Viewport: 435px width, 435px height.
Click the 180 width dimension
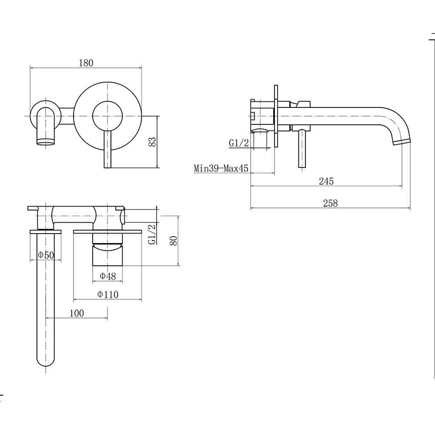pyautogui.click(x=86, y=63)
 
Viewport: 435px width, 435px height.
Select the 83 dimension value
pyautogui.click(x=153, y=141)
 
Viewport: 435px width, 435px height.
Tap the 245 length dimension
pyautogui.click(x=326, y=181)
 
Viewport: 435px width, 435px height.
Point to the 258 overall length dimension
pyautogui.click(x=331, y=203)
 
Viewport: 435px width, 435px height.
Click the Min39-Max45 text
pyautogui.click(x=221, y=168)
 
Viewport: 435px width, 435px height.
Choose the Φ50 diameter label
pyautogui.click(x=46, y=254)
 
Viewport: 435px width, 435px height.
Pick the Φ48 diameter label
pyautogui.click(x=107, y=276)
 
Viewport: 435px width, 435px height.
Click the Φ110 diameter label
pyautogui.click(x=107, y=294)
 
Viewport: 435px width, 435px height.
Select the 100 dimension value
pyautogui.click(x=77, y=313)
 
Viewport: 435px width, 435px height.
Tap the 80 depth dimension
pyautogui.click(x=174, y=240)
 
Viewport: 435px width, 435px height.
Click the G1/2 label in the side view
pyautogui.click(x=238, y=143)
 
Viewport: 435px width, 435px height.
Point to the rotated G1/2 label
pyautogui.click(x=152, y=234)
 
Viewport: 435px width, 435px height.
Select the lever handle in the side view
pyautogui.click(x=302, y=149)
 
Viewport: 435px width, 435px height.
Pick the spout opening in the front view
pyautogui.click(x=46, y=141)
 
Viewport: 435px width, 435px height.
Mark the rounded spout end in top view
pyautogui.click(x=46, y=361)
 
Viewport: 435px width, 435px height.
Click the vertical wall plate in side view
pyautogui.click(x=276, y=116)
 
